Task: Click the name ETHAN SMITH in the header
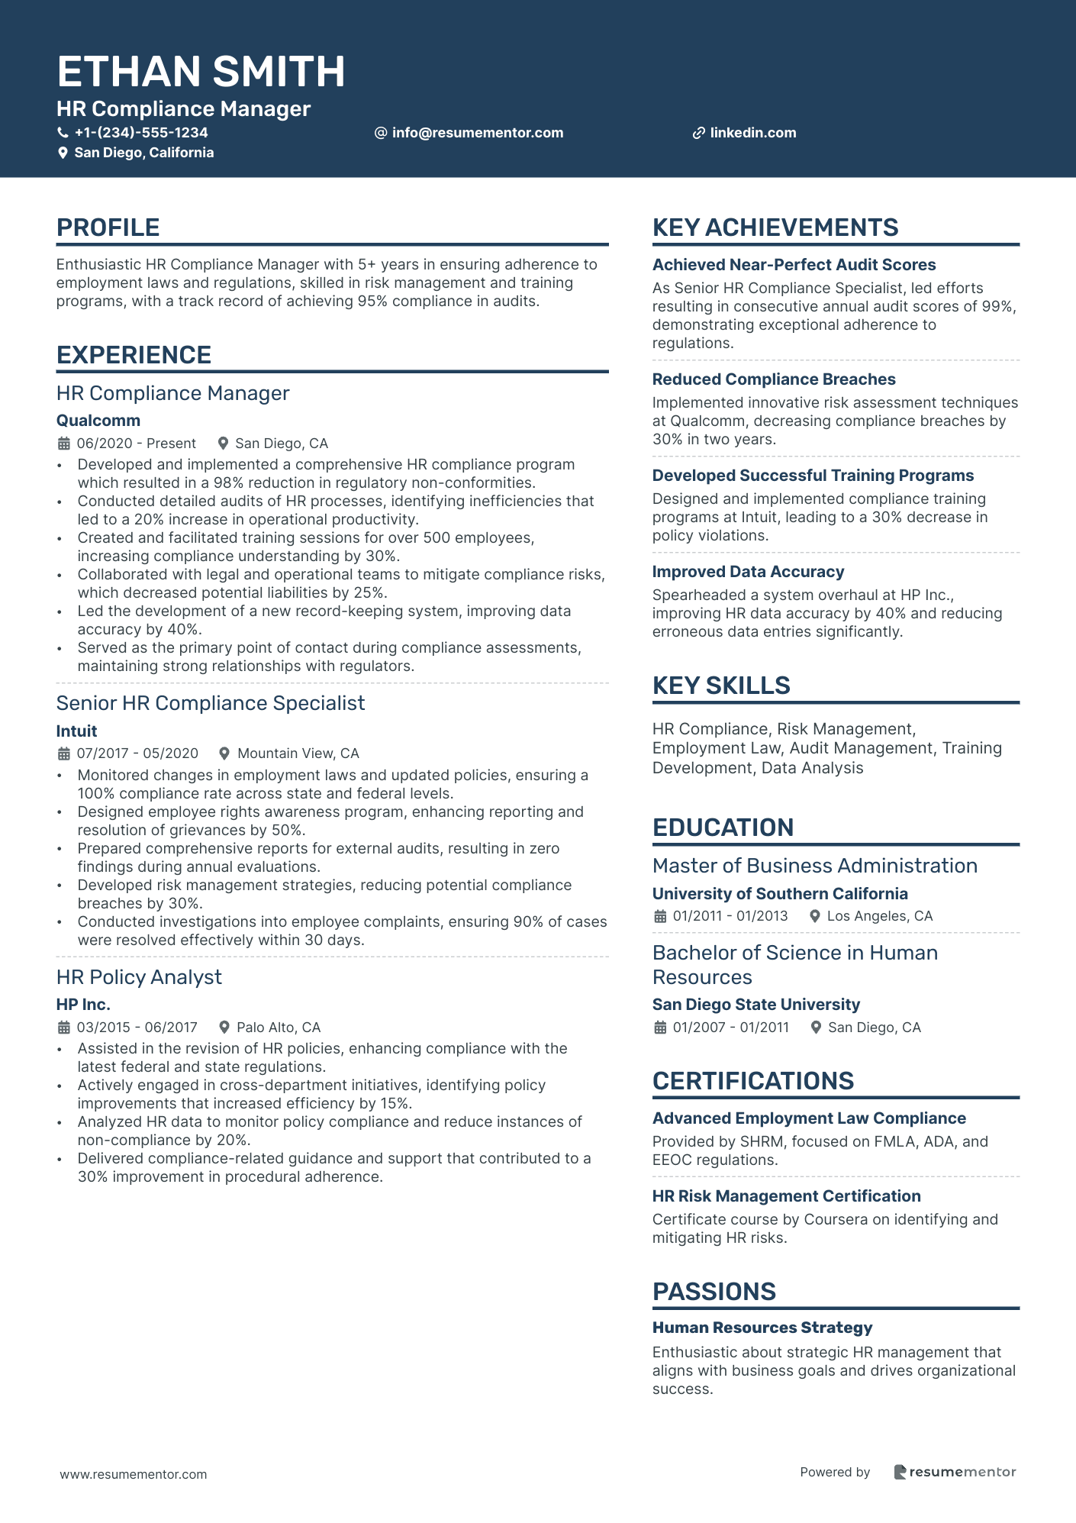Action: (x=201, y=72)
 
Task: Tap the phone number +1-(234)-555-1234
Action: (x=141, y=133)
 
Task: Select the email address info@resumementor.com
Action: (x=477, y=133)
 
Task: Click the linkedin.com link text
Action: (x=752, y=133)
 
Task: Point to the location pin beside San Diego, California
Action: (x=63, y=153)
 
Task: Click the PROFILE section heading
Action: (x=108, y=227)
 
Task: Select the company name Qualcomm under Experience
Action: (x=98, y=421)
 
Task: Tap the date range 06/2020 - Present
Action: (x=136, y=444)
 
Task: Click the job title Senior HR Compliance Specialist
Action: (x=211, y=703)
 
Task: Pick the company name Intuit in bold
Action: (x=76, y=731)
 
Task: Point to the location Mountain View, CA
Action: (x=298, y=753)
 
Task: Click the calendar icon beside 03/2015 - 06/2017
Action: (x=64, y=1028)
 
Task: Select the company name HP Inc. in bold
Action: (x=83, y=1005)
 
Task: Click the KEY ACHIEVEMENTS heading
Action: (x=775, y=227)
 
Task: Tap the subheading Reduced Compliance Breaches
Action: (x=774, y=379)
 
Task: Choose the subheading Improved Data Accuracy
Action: (x=748, y=572)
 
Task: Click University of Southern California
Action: (x=780, y=894)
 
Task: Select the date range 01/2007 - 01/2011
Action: (x=730, y=1028)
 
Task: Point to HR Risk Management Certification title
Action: (x=786, y=1196)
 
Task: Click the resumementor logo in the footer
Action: (x=955, y=1472)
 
